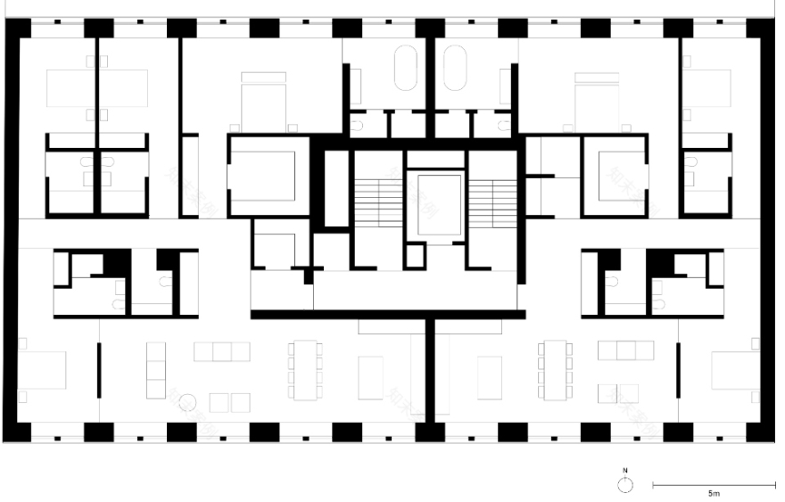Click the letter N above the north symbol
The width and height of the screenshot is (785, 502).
click(x=625, y=469)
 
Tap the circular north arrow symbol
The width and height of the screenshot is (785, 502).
click(x=625, y=484)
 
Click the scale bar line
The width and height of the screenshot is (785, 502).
click(x=714, y=484)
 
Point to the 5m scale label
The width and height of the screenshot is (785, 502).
click(x=714, y=493)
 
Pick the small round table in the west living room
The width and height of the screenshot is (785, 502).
click(x=187, y=402)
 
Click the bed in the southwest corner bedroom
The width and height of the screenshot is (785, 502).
click(x=42, y=375)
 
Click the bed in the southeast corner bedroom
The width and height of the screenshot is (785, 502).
click(x=736, y=375)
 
